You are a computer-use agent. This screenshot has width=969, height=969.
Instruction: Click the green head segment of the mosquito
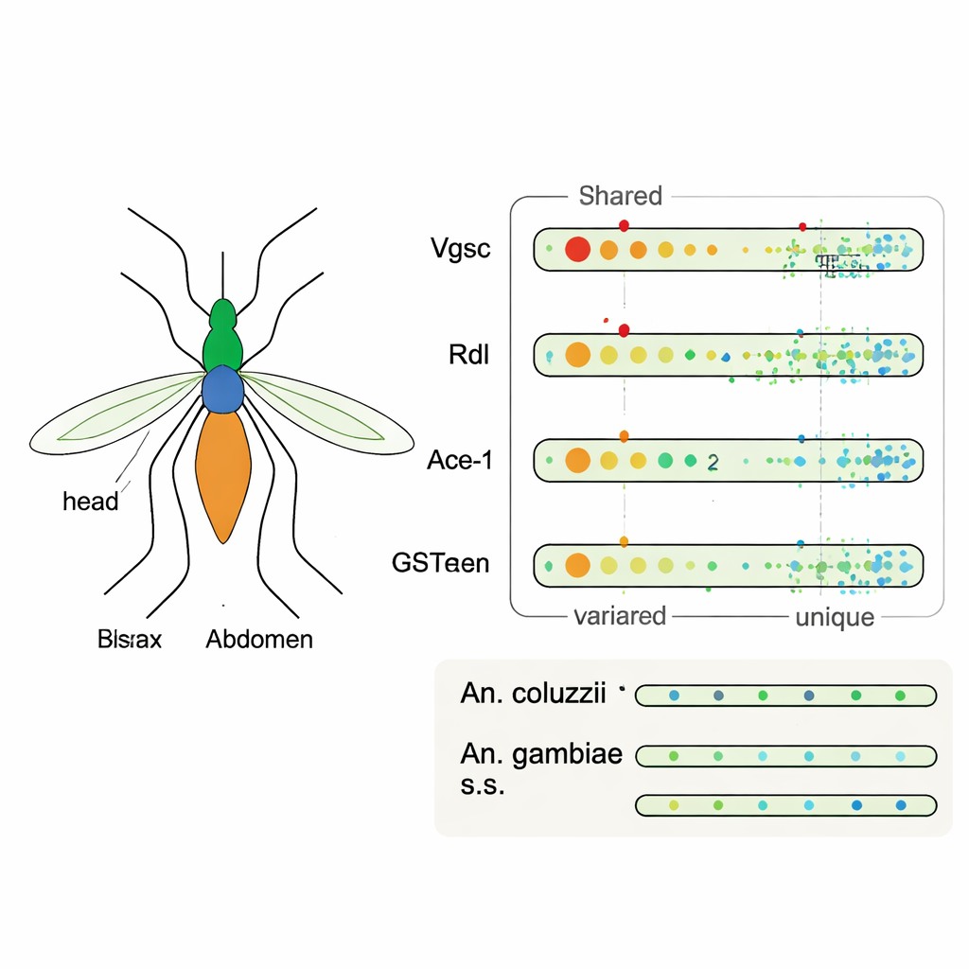(223, 336)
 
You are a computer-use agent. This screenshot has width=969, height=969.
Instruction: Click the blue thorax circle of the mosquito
(223, 389)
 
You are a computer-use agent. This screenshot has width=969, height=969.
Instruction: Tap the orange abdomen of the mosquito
(223, 473)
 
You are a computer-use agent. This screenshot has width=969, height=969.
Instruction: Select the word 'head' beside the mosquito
(91, 502)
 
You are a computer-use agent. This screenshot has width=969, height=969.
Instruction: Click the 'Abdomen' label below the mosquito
(259, 640)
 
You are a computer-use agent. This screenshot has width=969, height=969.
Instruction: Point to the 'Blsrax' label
(130, 640)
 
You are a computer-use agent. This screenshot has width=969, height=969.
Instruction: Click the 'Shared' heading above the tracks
(620, 197)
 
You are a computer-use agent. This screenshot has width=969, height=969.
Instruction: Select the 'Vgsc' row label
(460, 250)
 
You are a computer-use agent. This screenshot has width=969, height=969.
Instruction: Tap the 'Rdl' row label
(467, 356)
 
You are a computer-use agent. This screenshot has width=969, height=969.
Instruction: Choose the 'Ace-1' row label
(460, 461)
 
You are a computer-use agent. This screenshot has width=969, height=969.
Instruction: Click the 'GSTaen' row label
(440, 564)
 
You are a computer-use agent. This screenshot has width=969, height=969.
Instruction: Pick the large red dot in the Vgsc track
(577, 250)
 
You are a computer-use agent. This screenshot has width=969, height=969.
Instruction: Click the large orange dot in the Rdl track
(577, 355)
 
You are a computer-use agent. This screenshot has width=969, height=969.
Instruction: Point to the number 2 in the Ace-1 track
(713, 462)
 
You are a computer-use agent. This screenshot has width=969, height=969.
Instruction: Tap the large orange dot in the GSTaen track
(577, 565)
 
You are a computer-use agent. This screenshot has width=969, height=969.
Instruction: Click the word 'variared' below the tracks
(620, 617)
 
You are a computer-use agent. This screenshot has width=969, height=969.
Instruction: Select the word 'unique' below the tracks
(834, 618)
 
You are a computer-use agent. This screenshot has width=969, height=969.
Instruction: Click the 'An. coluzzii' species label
(533, 694)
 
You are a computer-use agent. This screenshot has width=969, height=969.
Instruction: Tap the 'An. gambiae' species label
(541, 754)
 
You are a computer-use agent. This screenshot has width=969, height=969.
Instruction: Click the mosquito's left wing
(118, 416)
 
